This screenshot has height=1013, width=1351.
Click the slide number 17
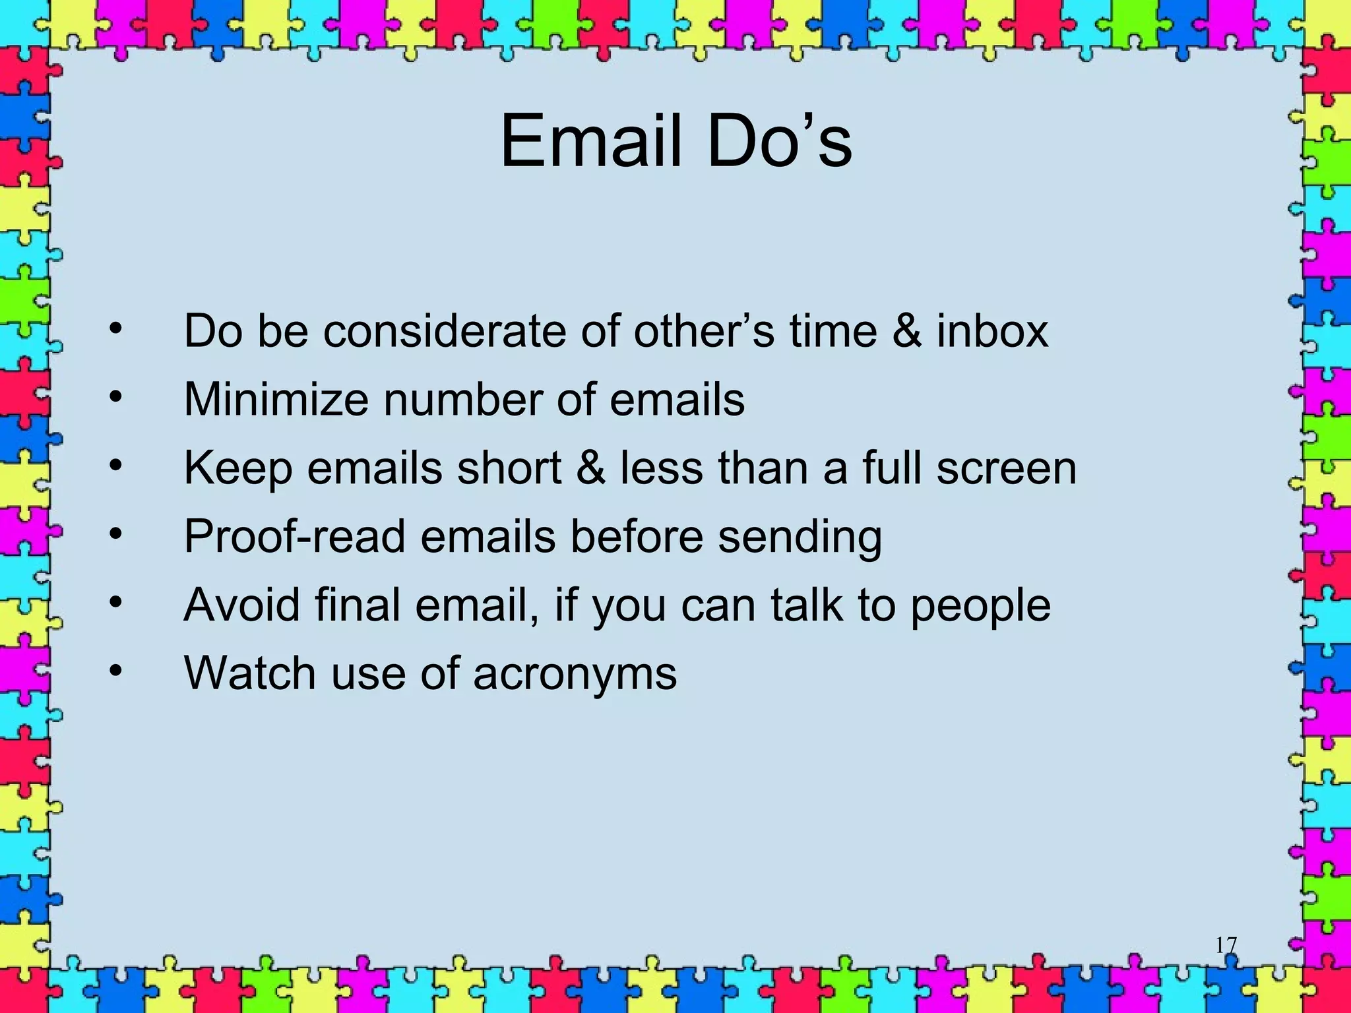pyautogui.click(x=1226, y=945)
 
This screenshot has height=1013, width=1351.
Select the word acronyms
pyautogui.click(x=575, y=675)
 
